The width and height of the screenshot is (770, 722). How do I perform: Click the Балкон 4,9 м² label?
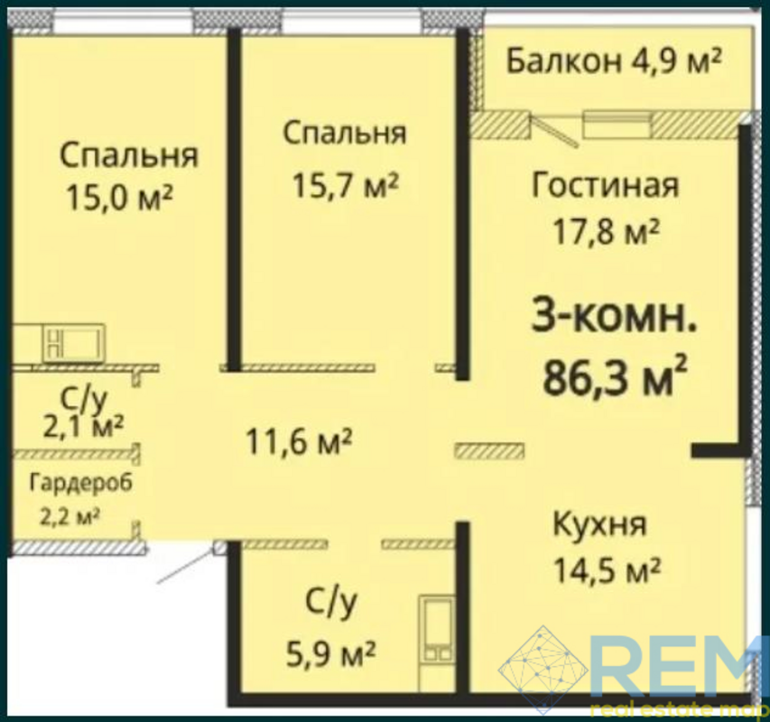(613, 61)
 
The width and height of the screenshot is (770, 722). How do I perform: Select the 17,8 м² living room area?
(606, 231)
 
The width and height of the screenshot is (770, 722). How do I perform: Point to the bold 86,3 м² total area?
(614, 376)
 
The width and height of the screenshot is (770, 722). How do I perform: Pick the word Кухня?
(599, 524)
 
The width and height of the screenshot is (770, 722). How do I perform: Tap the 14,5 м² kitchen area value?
(607, 569)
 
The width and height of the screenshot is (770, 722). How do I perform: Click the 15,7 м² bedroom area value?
(344, 185)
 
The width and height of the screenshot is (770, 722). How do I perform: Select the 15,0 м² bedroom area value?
(119, 197)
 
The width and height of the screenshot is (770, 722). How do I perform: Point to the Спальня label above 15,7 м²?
(345, 134)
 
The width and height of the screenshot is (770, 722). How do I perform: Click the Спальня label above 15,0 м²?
(129, 155)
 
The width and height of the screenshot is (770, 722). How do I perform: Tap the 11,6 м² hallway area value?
(299, 441)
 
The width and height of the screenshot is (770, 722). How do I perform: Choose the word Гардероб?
(81, 483)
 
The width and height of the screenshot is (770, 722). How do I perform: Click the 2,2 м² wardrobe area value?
(70, 517)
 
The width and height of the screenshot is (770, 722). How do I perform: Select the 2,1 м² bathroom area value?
(83, 426)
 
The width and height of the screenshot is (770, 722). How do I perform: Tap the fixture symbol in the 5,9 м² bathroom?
(437, 628)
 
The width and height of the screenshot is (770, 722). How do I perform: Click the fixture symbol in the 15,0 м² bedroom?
(75, 342)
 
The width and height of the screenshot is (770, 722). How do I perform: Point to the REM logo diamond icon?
(543, 669)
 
